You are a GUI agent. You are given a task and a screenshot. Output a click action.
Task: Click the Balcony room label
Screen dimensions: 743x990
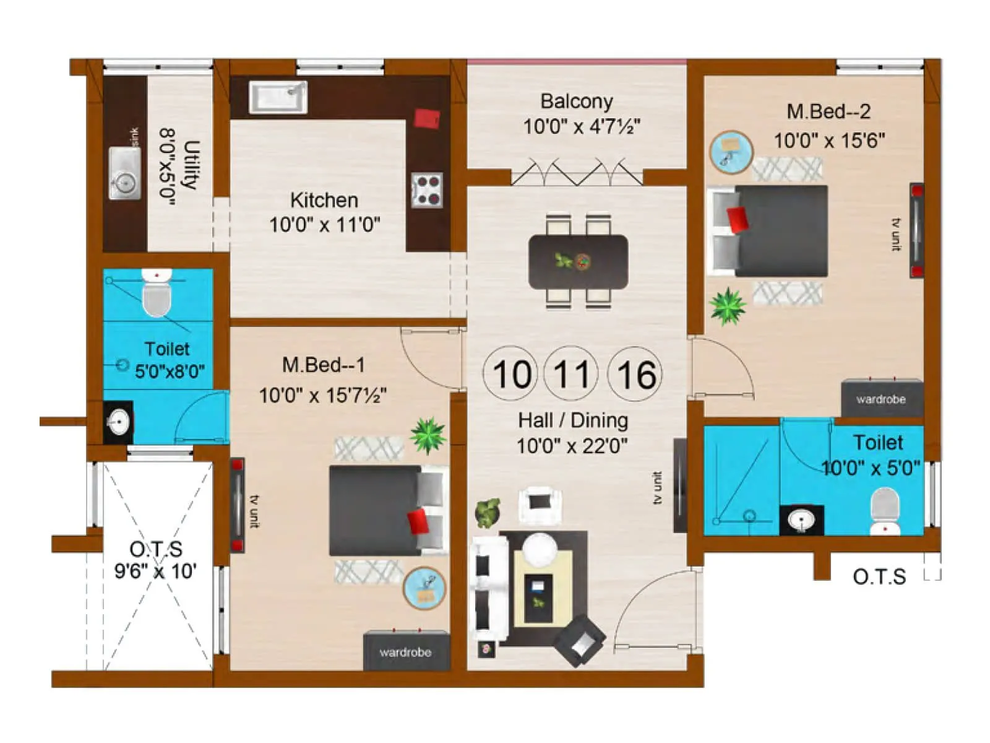tap(577, 101)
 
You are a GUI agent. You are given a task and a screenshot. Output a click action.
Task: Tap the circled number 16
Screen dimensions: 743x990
tap(635, 374)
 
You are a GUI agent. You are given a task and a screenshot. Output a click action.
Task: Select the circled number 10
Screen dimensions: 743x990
tap(511, 374)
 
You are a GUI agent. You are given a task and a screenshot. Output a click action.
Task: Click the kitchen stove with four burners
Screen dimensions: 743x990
tap(428, 189)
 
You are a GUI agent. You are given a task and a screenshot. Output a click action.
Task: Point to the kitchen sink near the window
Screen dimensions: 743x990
tap(278, 97)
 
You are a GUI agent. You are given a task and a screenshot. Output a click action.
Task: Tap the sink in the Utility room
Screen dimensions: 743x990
tap(124, 173)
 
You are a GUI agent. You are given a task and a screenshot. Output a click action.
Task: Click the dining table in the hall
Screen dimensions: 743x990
tap(578, 261)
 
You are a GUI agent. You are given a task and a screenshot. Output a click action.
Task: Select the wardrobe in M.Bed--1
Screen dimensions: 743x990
tap(406, 650)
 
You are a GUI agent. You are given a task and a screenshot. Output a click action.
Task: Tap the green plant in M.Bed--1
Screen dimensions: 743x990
tap(428, 435)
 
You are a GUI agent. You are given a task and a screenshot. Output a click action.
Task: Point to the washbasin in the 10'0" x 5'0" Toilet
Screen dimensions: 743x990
tap(801, 520)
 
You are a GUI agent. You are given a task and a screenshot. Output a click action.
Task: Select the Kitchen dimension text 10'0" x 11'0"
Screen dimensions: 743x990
tap(324, 224)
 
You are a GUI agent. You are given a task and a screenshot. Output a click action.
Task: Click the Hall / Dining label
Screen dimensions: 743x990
tap(573, 420)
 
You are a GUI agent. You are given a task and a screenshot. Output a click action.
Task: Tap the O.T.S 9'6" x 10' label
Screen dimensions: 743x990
tap(156, 560)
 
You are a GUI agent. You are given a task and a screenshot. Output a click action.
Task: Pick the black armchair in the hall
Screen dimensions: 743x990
tap(580, 640)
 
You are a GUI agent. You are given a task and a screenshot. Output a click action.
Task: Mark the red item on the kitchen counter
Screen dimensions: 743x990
tap(427, 118)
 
